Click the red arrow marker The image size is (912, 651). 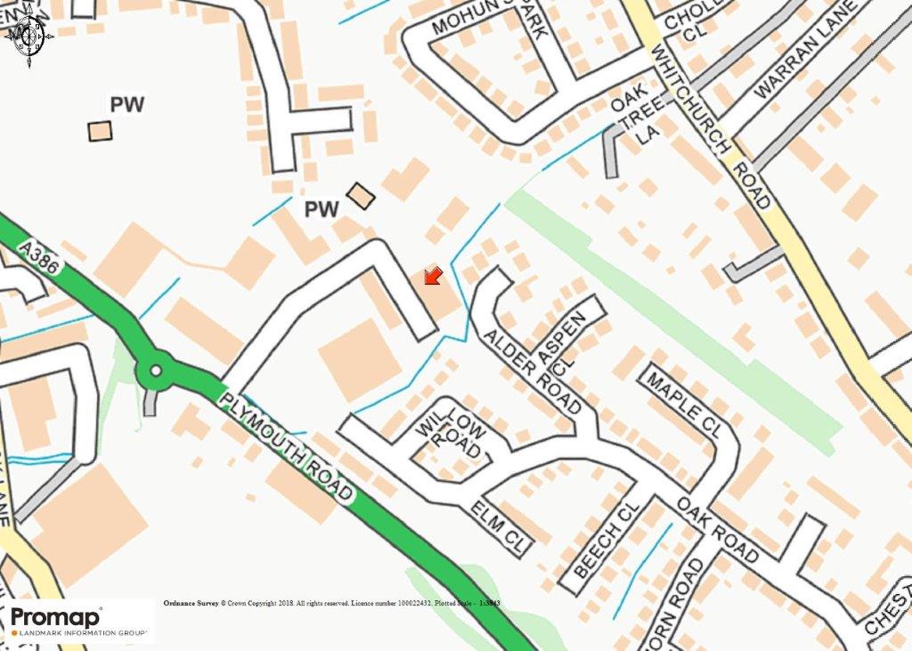click(x=433, y=275)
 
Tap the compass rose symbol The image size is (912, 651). click(x=29, y=37)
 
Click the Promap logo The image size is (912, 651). click(x=77, y=621)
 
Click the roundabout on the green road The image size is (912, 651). click(x=157, y=370)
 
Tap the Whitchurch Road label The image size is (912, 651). click(x=709, y=125)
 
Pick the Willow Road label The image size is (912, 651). click(x=452, y=435)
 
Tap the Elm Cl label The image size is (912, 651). click(x=501, y=525)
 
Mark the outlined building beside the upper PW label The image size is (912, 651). click(x=101, y=131)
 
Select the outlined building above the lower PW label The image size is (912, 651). click(x=361, y=196)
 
